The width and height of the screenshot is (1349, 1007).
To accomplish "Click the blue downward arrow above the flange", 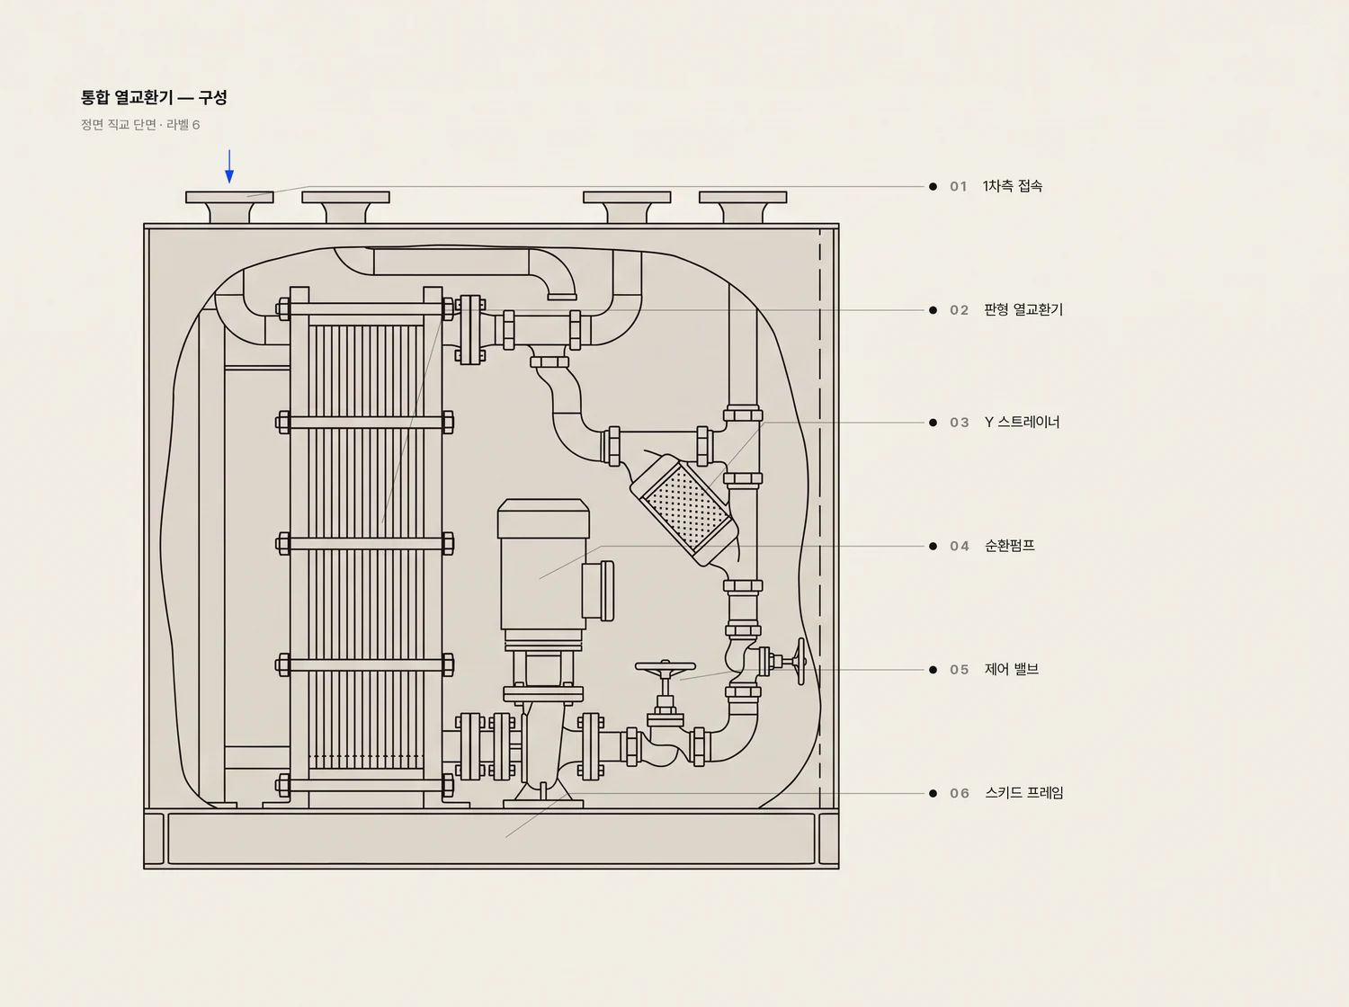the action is click(x=229, y=166).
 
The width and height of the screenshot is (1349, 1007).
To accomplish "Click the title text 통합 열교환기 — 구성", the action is click(x=155, y=98).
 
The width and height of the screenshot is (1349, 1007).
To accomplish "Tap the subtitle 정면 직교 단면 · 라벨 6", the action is click(x=140, y=125).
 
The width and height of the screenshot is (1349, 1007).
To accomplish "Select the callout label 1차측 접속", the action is click(x=1013, y=186).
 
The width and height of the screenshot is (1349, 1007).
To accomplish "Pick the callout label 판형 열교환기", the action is click(x=1023, y=309).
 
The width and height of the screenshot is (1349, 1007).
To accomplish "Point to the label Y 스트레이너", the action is click(x=1022, y=422).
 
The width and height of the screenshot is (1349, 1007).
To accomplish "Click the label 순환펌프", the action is click(x=1010, y=546).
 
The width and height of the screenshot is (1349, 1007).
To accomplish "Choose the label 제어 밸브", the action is click(x=1012, y=669).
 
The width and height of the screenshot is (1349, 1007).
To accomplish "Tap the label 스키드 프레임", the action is click(x=1023, y=793).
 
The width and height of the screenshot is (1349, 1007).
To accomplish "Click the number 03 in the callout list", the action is click(x=960, y=423).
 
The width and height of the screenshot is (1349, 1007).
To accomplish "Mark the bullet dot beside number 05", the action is click(x=933, y=670).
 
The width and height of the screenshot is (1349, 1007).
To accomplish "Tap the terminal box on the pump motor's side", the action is click(x=598, y=591).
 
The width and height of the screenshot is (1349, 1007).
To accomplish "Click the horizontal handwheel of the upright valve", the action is click(x=665, y=666).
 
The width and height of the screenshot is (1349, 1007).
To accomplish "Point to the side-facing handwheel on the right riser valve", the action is click(x=800, y=661).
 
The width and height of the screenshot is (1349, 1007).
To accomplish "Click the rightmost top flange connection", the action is click(x=743, y=207).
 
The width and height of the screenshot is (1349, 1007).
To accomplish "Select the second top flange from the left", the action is click(x=345, y=207).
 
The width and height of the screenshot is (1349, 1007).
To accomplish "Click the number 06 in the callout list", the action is click(x=960, y=793).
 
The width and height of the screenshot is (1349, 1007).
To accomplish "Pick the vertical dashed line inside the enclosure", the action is click(x=820, y=519).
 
